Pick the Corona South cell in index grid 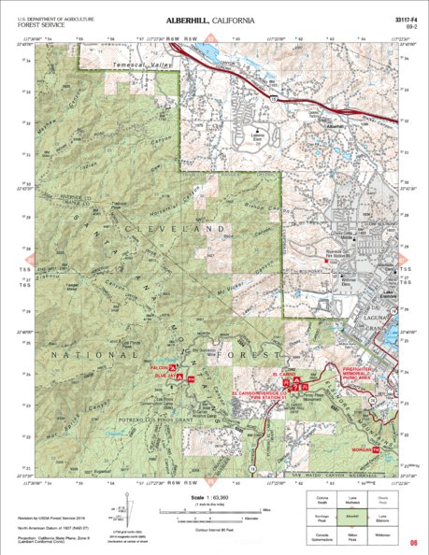tap(322, 499)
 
